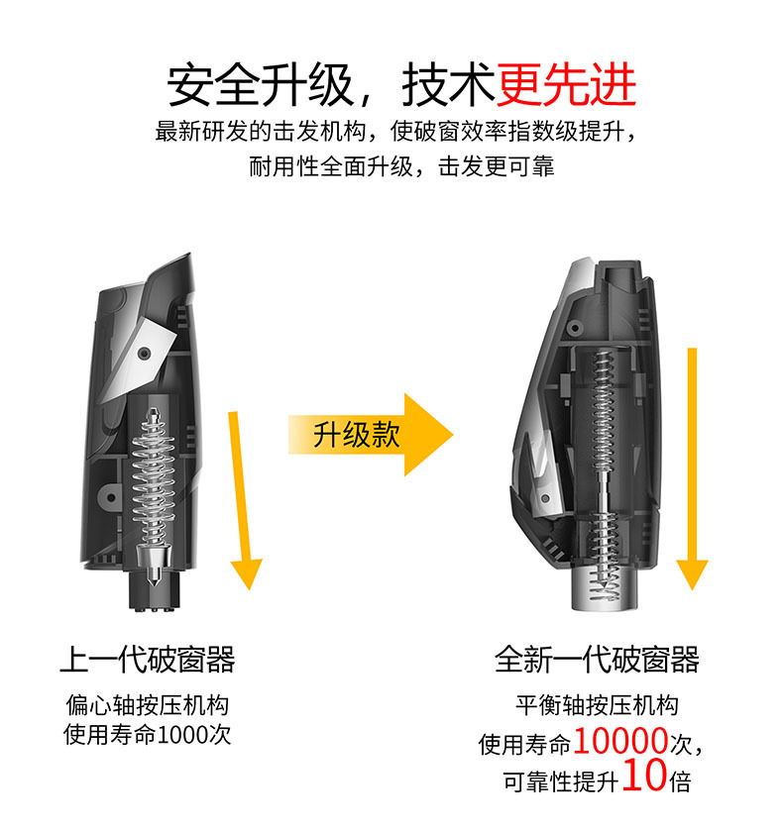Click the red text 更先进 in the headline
click(x=566, y=85)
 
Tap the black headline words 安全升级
click(x=261, y=85)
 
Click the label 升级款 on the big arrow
click(x=357, y=435)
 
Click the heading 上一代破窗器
click(x=148, y=660)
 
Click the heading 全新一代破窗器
click(x=597, y=660)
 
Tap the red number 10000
click(x=620, y=741)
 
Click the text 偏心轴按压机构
click(x=148, y=705)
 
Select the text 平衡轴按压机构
click(x=597, y=705)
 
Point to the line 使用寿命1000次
click(x=148, y=735)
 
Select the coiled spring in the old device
click(x=153, y=477)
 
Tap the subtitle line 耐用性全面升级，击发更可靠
click(x=401, y=166)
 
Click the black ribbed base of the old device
click(x=154, y=591)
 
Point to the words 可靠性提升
click(x=561, y=781)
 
